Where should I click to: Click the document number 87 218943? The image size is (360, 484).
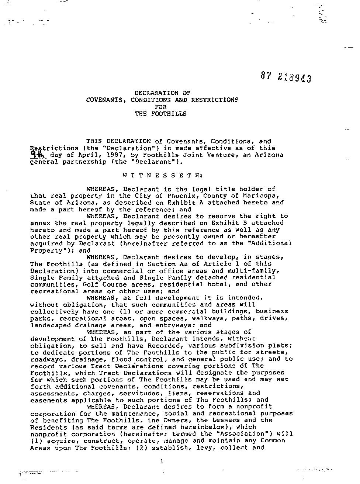tap(285, 77)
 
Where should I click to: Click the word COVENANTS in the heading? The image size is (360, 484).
tap(105, 100)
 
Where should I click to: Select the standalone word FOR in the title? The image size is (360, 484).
tap(161, 107)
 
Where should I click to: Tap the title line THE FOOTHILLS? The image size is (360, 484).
tap(160, 114)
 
